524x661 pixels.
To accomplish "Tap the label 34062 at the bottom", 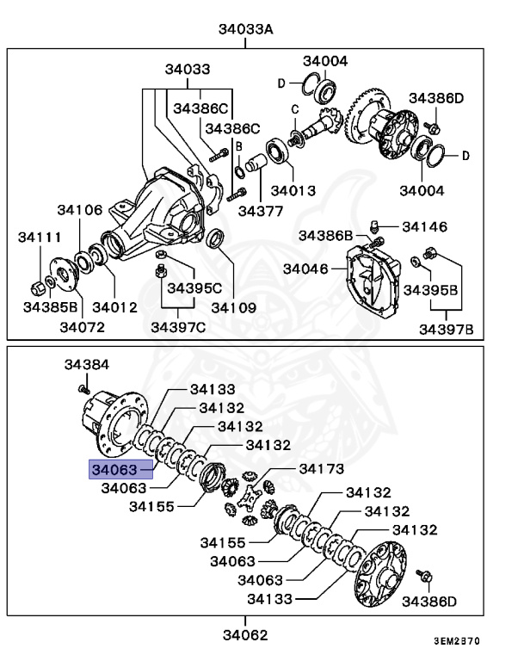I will (245, 635).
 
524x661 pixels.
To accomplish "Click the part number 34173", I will (321, 469).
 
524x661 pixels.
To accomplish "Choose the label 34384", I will (87, 365).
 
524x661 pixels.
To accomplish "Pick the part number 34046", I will (305, 269).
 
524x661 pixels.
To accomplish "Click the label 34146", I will (424, 227).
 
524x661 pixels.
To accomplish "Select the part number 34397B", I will (447, 328).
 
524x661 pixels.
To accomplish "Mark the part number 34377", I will (261, 209).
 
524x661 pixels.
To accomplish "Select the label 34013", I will (293, 190).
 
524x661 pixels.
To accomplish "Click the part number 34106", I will (80, 209).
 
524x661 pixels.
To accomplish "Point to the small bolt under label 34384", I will (84, 387).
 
